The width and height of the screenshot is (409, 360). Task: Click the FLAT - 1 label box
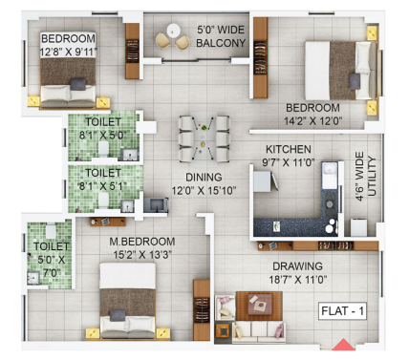tap(342, 310)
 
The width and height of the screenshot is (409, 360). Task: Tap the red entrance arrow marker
tap(343, 345)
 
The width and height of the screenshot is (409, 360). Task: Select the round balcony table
tap(173, 31)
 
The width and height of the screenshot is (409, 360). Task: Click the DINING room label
tap(204, 178)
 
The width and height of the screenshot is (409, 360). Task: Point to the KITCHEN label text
tap(289, 149)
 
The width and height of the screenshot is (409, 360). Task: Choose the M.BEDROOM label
tap(142, 242)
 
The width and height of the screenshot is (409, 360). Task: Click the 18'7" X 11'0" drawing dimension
tap(298, 280)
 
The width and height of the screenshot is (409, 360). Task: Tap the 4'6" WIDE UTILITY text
tap(366, 176)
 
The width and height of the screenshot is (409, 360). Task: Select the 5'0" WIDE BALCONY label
tap(221, 36)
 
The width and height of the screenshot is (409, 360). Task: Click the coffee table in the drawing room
tap(259, 306)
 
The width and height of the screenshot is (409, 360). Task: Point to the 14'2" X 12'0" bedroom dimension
tap(313, 121)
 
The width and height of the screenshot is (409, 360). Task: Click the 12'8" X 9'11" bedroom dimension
tap(69, 52)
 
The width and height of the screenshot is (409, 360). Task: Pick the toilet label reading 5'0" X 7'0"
tap(51, 266)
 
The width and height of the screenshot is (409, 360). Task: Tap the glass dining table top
tap(204, 138)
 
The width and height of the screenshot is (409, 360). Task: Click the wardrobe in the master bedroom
tap(202, 310)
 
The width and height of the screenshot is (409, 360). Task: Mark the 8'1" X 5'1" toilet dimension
tap(103, 186)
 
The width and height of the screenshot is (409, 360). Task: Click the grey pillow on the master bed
tap(118, 315)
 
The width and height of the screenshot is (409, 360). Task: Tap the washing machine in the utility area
tap(359, 227)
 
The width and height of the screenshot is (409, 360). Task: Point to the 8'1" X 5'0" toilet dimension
tap(102, 136)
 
